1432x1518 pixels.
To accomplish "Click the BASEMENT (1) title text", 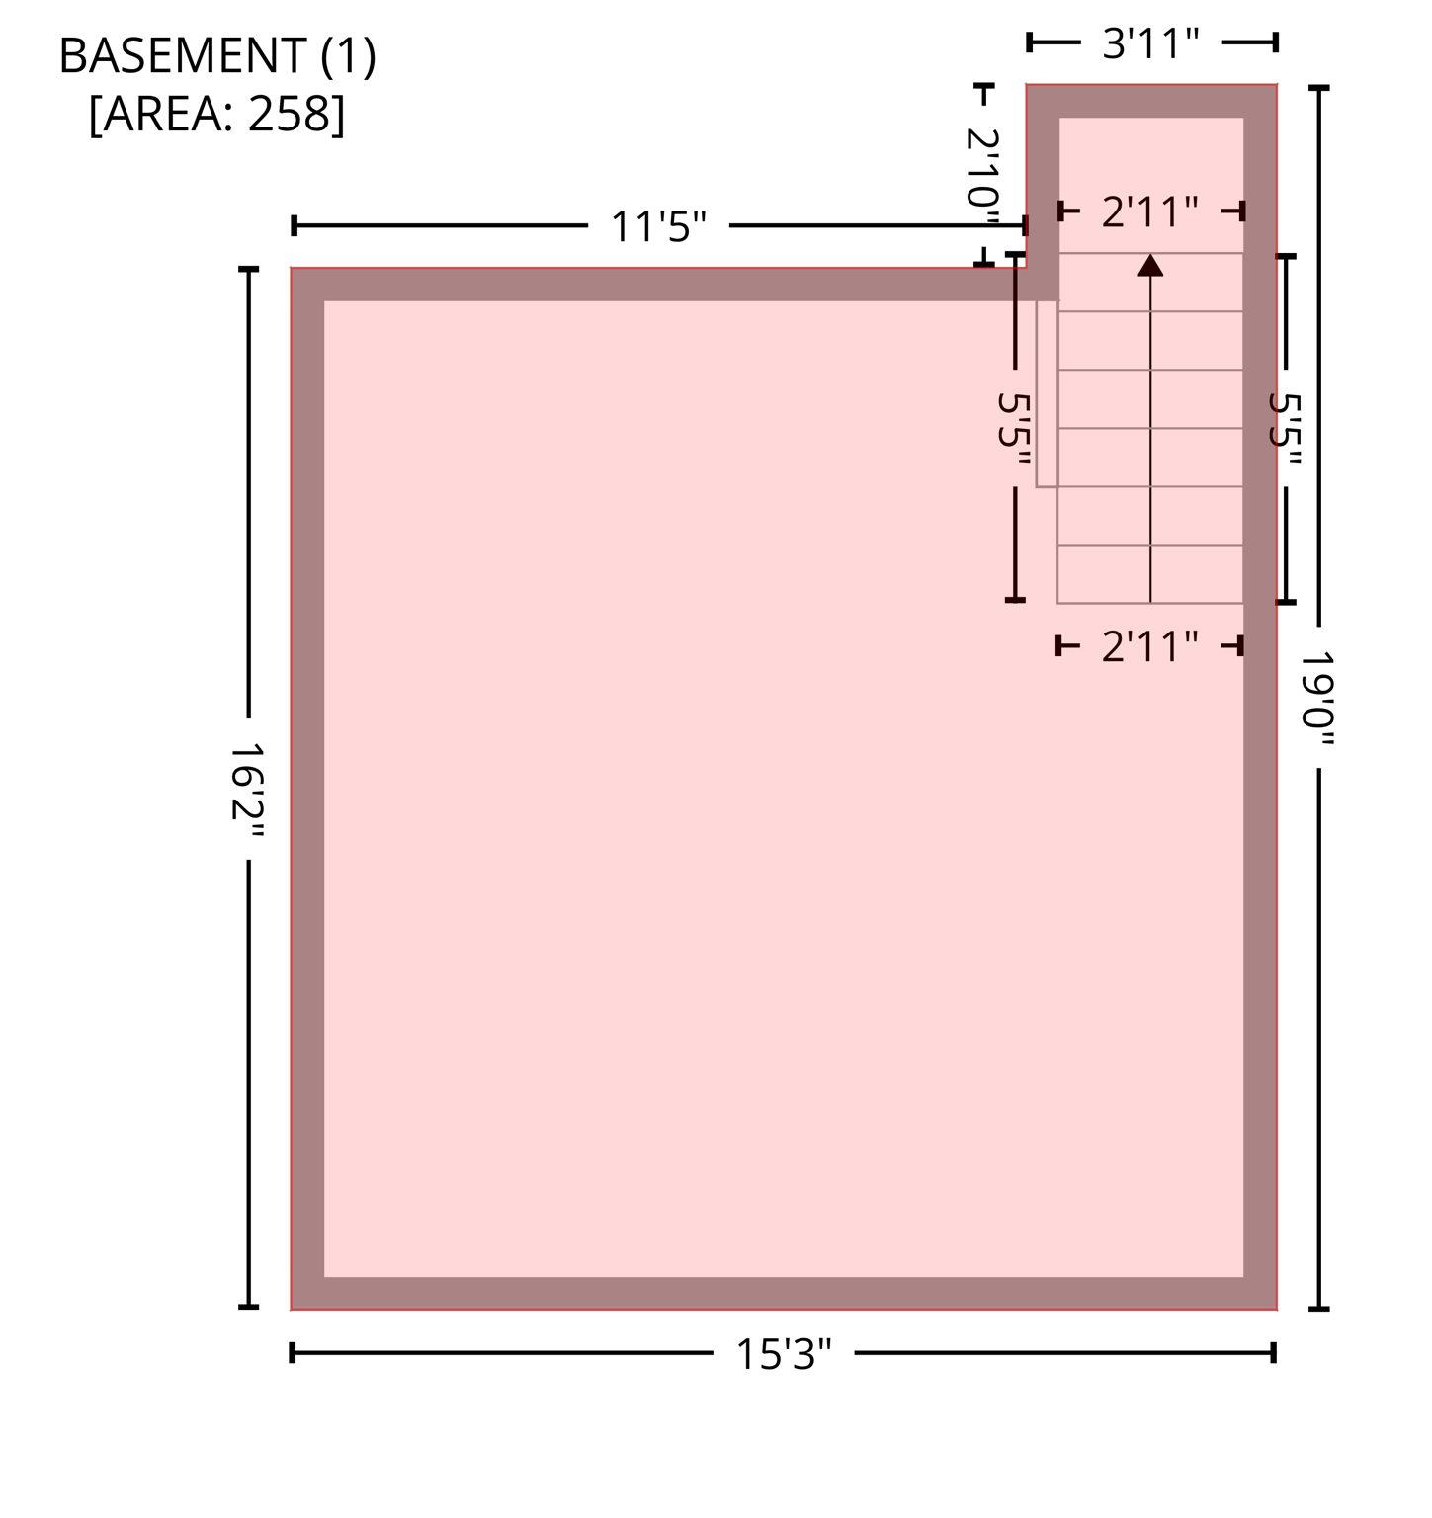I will tap(217, 56).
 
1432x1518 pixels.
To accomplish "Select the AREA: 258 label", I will tap(217, 114).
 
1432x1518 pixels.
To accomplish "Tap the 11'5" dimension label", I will tap(658, 227).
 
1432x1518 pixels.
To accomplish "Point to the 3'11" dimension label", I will tap(1150, 43).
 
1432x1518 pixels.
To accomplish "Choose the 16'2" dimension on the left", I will tap(247, 788).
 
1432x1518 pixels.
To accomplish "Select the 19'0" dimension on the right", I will tap(1317, 698).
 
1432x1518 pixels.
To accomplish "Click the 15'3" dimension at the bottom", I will tap(784, 1354).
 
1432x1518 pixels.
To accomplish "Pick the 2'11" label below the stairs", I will tap(1149, 647).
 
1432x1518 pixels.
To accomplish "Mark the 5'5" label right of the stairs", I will tap(1285, 429).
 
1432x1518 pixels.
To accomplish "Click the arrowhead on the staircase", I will tap(1150, 265).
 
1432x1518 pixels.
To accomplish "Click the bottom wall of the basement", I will tap(784, 1294).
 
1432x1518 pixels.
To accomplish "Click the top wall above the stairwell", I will tap(1151, 101).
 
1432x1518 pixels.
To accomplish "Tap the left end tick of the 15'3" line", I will tap(293, 1352).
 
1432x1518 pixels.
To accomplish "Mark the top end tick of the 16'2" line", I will tap(248, 269).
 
